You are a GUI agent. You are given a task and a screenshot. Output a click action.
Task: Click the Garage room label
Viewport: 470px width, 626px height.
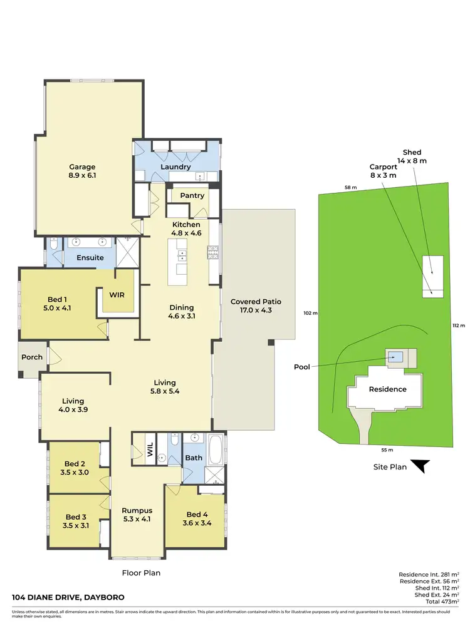[x=82, y=172]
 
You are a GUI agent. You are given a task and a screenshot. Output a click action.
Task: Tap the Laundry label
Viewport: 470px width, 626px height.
[x=175, y=167]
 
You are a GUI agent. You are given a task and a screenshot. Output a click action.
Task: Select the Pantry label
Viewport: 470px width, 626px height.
[x=192, y=195]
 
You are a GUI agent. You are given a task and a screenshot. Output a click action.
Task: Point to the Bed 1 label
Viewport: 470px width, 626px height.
[x=60, y=304]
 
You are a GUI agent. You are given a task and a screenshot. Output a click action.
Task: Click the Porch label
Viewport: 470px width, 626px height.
[x=32, y=357]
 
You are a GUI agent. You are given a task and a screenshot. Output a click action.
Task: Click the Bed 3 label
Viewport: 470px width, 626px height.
[x=76, y=521]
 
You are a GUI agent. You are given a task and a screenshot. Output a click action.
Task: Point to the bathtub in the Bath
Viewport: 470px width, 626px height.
[x=216, y=449]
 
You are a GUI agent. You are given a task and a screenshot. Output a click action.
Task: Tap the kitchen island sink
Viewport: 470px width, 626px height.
[x=182, y=255]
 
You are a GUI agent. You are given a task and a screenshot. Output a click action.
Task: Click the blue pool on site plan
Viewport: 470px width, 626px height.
[x=395, y=357]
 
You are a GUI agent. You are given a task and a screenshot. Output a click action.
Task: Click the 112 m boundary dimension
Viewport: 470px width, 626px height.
[x=459, y=326]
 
